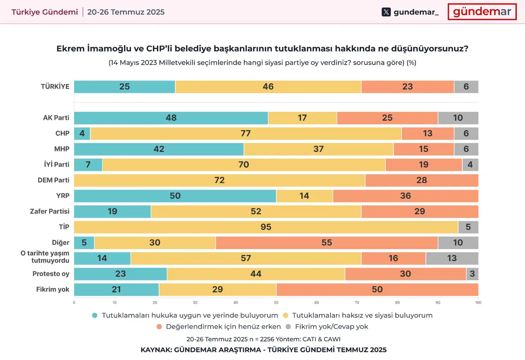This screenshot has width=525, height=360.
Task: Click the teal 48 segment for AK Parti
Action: [171, 118]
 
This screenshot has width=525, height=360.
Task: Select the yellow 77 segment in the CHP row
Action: [246, 133]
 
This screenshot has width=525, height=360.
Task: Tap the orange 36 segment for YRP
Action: [406, 196]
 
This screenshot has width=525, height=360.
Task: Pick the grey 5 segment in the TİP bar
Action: [468, 227]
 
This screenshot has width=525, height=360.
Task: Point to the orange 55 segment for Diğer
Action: [327, 243]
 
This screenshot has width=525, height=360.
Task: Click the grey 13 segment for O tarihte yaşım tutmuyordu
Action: [452, 258]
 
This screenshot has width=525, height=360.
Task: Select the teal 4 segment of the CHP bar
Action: [82, 133]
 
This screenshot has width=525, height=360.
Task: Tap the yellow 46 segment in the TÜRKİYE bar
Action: [268, 87]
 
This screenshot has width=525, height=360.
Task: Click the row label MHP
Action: [62, 149]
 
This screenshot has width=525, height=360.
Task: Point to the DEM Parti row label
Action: [54, 180]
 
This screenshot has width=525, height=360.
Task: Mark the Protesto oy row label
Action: [51, 274]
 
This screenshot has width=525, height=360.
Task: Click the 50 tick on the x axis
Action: [276, 303]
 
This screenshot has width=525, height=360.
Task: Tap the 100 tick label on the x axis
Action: [478, 303]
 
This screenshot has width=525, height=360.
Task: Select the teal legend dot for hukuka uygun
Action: [95, 316]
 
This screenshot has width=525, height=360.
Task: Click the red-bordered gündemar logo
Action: [482, 12]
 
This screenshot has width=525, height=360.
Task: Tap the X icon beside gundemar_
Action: [386, 12]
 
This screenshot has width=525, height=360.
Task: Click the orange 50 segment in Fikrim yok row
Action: [377, 289]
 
